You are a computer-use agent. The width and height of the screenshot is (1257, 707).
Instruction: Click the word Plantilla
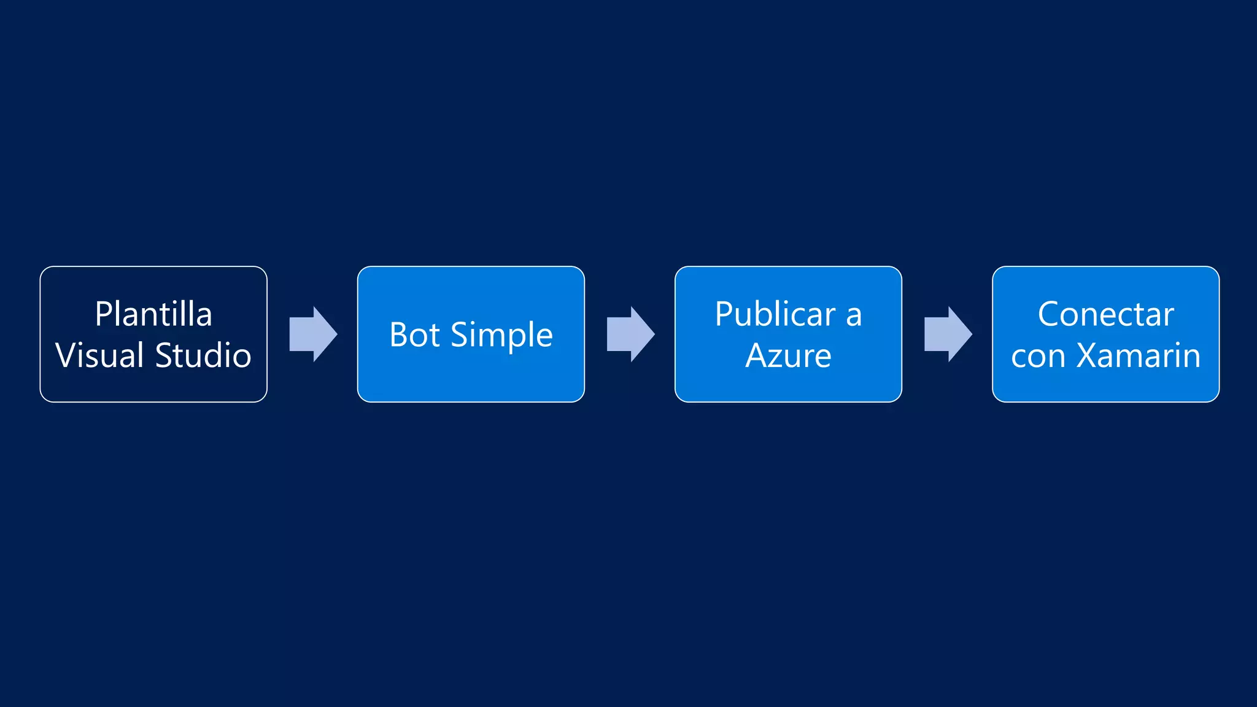(x=153, y=314)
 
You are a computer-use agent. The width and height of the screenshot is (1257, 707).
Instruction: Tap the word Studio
(x=203, y=355)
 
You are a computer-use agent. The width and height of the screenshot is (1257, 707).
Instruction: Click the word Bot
(x=414, y=335)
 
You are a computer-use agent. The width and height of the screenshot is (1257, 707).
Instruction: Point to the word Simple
(x=501, y=336)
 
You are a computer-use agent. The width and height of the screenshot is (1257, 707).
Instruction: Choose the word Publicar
(x=775, y=314)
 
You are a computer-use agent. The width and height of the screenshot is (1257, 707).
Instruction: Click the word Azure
(x=788, y=355)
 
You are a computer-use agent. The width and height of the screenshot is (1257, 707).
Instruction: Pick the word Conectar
(x=1105, y=314)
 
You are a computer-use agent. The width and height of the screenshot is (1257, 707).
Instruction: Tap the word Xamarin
(x=1139, y=355)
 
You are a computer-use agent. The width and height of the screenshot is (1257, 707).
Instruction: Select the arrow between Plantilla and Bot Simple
(x=313, y=334)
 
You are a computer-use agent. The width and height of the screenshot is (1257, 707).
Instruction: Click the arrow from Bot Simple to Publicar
(x=630, y=334)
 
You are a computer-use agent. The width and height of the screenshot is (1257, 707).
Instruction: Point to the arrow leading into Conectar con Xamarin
(x=948, y=334)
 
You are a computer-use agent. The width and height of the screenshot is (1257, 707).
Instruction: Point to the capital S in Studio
(x=164, y=355)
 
